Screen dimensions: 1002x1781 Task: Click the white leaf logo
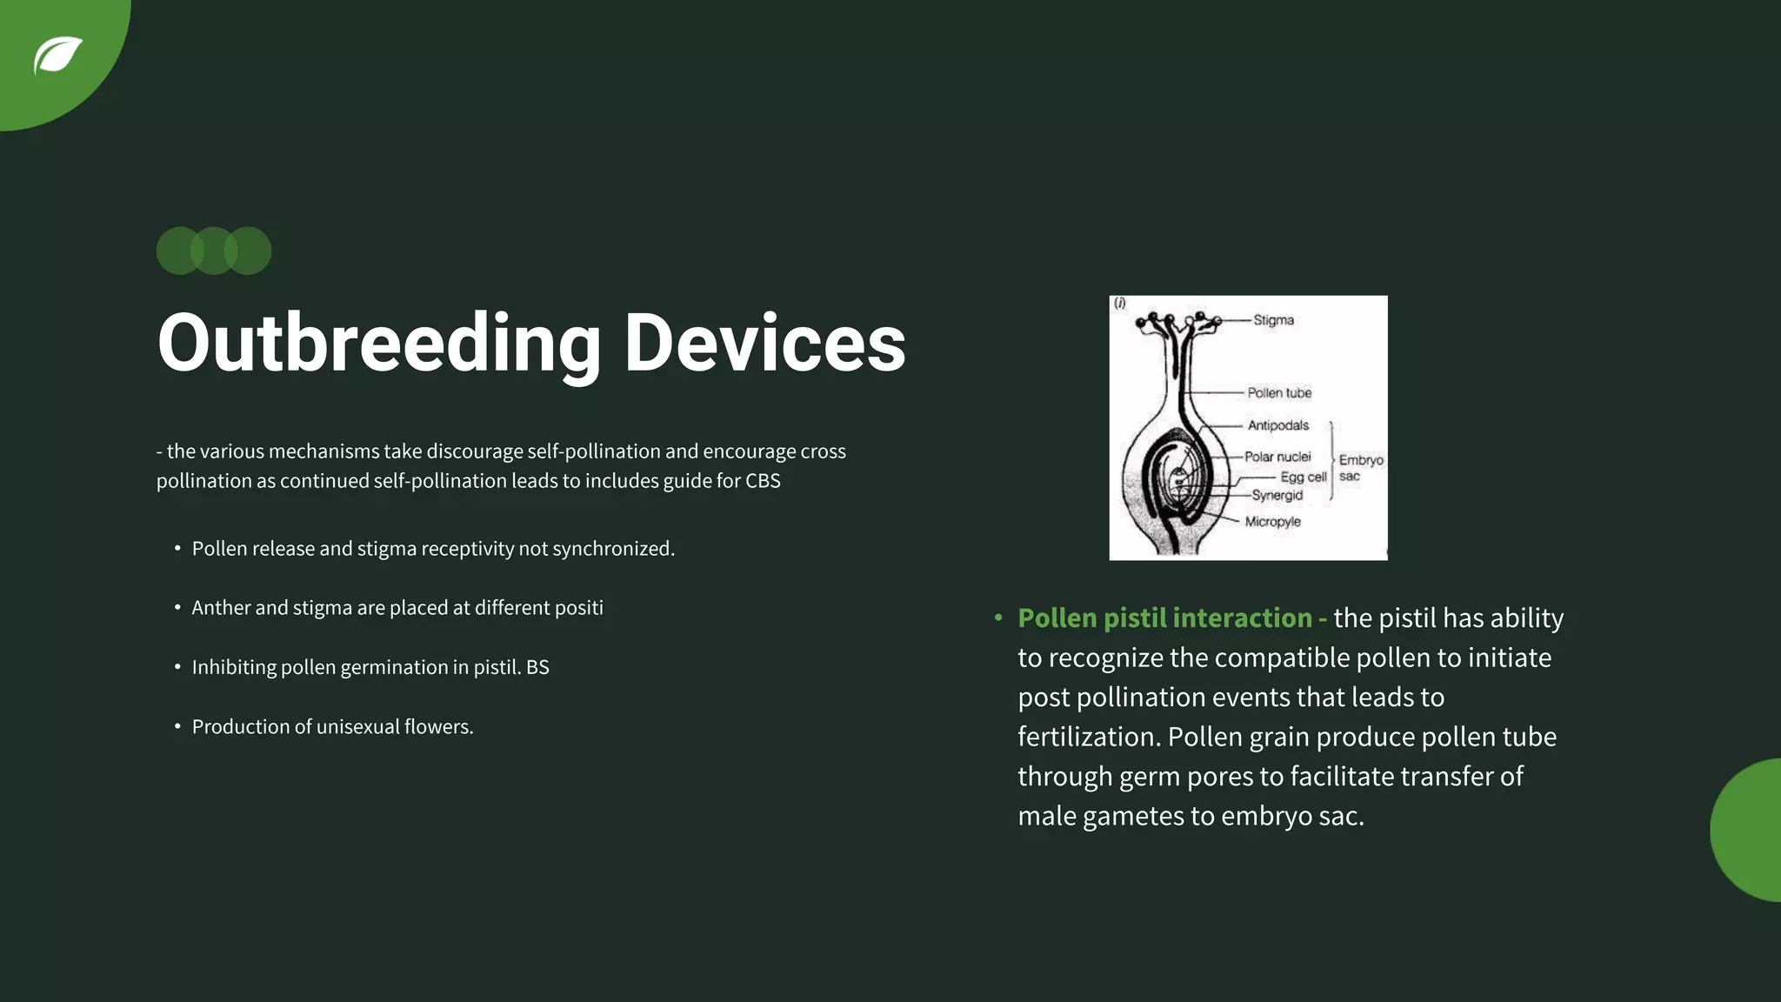click(57, 56)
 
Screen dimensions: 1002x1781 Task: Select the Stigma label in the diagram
click(1273, 320)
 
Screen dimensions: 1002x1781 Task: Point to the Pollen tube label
click(1279, 393)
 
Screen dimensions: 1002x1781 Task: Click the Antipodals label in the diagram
click(1277, 425)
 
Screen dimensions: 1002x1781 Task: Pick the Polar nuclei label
click(1277, 457)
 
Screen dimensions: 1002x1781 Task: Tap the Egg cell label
click(1303, 477)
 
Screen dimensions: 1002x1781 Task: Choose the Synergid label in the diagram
click(1277, 495)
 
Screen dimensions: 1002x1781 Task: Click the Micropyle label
click(1272, 522)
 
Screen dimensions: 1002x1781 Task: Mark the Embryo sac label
click(1360, 467)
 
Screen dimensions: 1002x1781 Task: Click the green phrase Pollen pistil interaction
click(1164, 618)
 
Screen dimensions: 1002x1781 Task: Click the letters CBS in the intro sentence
click(763, 481)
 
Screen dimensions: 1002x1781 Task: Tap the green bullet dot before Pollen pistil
click(998, 618)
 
